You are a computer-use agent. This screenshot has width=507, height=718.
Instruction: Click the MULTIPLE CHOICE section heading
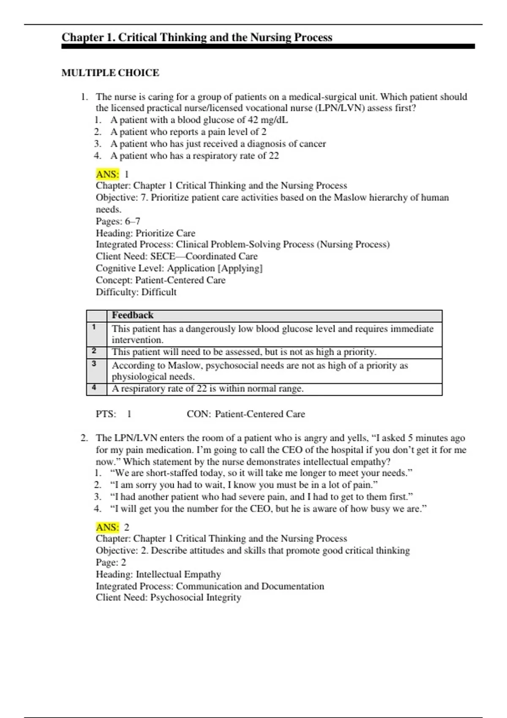click(110, 73)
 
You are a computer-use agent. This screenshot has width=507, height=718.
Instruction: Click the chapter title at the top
click(197, 38)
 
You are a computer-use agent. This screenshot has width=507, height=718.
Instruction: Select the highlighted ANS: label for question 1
click(107, 174)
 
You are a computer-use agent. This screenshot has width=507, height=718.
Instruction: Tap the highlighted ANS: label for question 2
click(107, 527)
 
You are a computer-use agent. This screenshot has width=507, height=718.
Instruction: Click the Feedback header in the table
click(132, 315)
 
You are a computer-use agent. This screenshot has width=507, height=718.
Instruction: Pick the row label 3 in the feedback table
click(94, 364)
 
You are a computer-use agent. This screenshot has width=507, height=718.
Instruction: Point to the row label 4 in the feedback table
click(94, 388)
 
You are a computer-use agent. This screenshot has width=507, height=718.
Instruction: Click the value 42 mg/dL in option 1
click(268, 120)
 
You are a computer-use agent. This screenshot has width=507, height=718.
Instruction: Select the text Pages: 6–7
click(118, 221)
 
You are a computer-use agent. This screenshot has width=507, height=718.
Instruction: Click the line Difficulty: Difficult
click(136, 292)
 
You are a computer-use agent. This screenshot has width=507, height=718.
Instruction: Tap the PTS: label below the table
click(106, 414)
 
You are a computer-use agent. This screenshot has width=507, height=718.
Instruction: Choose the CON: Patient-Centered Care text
click(245, 414)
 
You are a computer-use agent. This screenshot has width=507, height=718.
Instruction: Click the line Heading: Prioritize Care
click(145, 233)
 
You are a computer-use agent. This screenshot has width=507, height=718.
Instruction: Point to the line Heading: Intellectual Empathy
click(158, 574)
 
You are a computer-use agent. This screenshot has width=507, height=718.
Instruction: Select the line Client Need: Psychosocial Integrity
click(168, 598)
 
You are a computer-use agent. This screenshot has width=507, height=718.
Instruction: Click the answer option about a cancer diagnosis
click(218, 144)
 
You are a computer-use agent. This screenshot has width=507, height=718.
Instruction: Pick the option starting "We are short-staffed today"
click(261, 473)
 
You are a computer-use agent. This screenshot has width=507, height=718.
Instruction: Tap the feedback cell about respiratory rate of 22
click(207, 389)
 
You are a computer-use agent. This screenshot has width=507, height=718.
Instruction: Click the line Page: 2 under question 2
click(111, 563)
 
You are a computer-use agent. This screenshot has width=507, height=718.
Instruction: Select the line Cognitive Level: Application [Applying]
click(179, 269)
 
